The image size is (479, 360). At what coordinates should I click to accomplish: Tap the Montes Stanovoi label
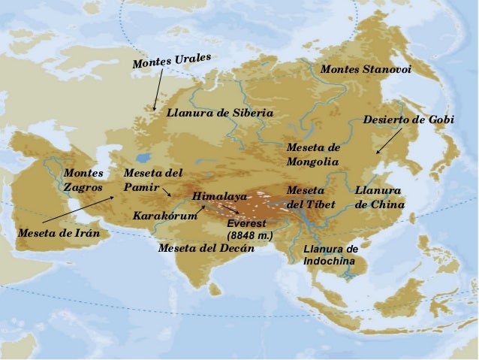(366, 69)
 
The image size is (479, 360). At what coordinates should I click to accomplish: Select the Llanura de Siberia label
(220, 113)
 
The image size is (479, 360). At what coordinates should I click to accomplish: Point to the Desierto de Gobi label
(408, 120)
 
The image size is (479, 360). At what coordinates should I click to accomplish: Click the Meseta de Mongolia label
(313, 154)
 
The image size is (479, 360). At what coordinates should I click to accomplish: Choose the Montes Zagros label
(83, 180)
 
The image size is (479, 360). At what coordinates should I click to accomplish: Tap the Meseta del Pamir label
(152, 180)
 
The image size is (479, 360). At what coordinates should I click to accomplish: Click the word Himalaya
(219, 196)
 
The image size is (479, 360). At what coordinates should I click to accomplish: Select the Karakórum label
(164, 216)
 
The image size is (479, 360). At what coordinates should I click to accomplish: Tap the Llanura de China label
(379, 197)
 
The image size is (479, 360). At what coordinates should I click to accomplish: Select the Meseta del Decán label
(206, 248)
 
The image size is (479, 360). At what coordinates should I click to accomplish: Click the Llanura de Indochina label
(330, 255)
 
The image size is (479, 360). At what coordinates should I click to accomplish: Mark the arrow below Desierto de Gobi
(388, 141)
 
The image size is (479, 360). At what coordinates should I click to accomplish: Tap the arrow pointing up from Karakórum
(200, 208)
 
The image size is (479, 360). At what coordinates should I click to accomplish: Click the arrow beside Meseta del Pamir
(167, 192)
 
